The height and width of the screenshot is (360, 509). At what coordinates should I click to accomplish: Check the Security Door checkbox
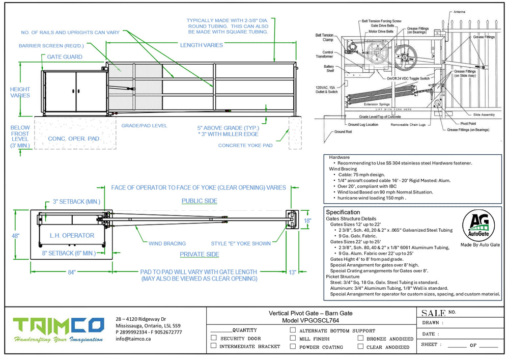[x=214, y=338]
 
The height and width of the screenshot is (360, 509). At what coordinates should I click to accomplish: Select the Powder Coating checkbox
[x=293, y=346]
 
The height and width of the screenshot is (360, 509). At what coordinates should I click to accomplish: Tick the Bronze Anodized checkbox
[x=360, y=338]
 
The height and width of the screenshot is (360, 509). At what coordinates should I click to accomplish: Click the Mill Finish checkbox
[x=293, y=338]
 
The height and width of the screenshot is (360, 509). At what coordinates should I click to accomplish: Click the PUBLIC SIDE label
[x=199, y=201]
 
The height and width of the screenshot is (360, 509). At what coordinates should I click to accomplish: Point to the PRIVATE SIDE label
[x=199, y=254]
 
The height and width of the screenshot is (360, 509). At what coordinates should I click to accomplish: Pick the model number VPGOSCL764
[x=310, y=321]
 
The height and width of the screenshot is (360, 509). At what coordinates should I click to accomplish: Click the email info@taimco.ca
[x=133, y=339]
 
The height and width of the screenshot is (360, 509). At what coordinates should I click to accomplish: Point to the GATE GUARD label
[x=65, y=57]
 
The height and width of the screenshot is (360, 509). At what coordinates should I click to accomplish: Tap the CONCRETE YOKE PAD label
[x=245, y=145]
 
